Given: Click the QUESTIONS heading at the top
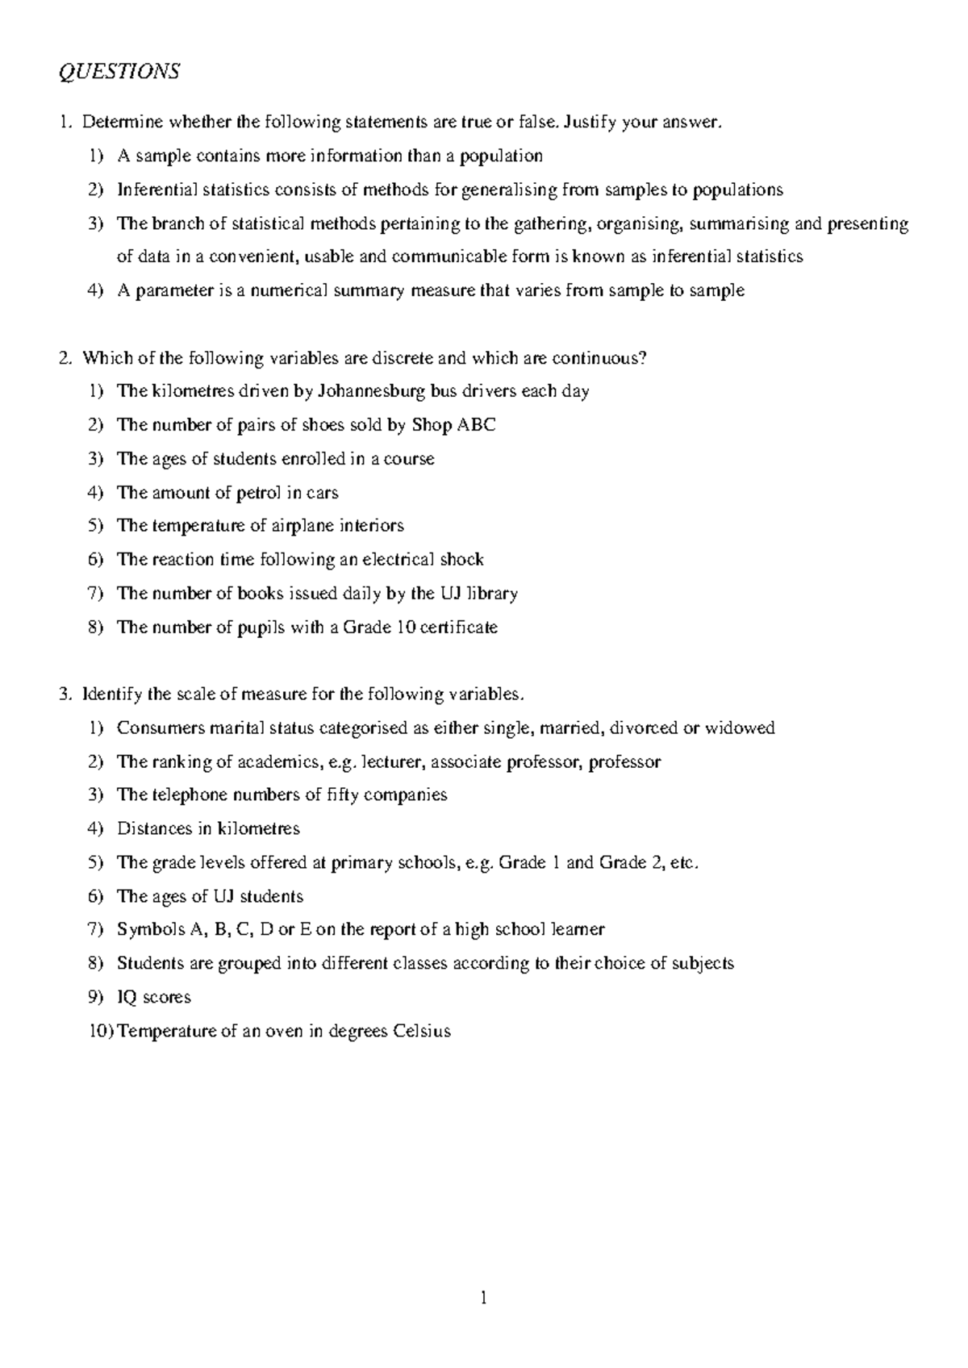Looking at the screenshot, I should tap(119, 73).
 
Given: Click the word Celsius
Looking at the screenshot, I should tap(421, 1031).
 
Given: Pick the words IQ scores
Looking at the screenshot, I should tap(154, 997).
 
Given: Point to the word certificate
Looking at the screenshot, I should tap(459, 628).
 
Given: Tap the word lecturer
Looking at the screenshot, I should tap(396, 762).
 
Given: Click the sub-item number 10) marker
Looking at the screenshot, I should tap(101, 1031).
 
